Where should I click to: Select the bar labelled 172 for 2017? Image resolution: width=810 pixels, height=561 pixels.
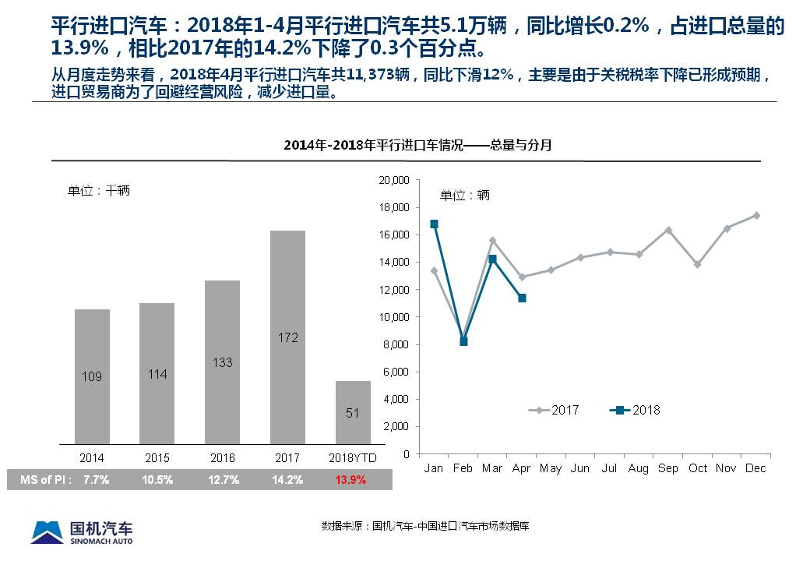(x=287, y=337)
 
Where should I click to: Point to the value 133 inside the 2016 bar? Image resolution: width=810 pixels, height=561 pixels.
(x=222, y=362)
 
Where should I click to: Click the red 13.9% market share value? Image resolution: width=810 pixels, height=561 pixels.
(x=350, y=480)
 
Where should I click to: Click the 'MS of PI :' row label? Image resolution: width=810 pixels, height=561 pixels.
(x=46, y=480)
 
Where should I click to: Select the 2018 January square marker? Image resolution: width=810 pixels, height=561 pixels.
(x=434, y=224)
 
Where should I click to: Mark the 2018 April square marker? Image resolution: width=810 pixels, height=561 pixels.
(x=522, y=298)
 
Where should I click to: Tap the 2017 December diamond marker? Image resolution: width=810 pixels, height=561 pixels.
(x=756, y=215)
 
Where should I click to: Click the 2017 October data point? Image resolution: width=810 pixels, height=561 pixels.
(x=697, y=265)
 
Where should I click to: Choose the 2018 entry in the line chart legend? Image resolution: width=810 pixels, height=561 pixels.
(x=636, y=410)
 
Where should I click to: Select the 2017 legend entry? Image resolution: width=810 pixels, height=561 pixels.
(x=555, y=410)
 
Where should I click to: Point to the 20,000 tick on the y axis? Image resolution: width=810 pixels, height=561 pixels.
(x=393, y=180)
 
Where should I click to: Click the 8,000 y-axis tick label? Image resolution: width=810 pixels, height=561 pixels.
(x=396, y=344)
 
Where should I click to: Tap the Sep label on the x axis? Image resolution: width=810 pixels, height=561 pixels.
(x=668, y=468)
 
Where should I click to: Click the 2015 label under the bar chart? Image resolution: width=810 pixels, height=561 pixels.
(x=157, y=458)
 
